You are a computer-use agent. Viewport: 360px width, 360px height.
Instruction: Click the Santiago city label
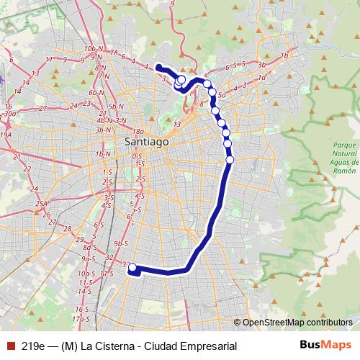(146, 142)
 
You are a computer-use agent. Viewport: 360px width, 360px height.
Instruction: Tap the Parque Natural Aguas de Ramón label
(330, 156)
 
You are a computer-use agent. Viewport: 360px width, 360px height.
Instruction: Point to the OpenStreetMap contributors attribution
(296, 323)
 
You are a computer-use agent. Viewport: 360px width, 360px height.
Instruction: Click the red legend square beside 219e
(10, 346)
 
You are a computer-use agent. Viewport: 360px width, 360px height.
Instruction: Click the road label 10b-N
(93, 48)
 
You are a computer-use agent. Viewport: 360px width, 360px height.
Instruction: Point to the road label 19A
(6, 135)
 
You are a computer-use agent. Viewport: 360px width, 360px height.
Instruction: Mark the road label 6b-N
(97, 92)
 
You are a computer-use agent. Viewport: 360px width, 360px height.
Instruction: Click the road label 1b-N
(104, 154)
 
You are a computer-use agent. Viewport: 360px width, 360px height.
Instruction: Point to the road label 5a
(222, 94)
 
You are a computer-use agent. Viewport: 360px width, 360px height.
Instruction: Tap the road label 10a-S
(86, 274)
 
